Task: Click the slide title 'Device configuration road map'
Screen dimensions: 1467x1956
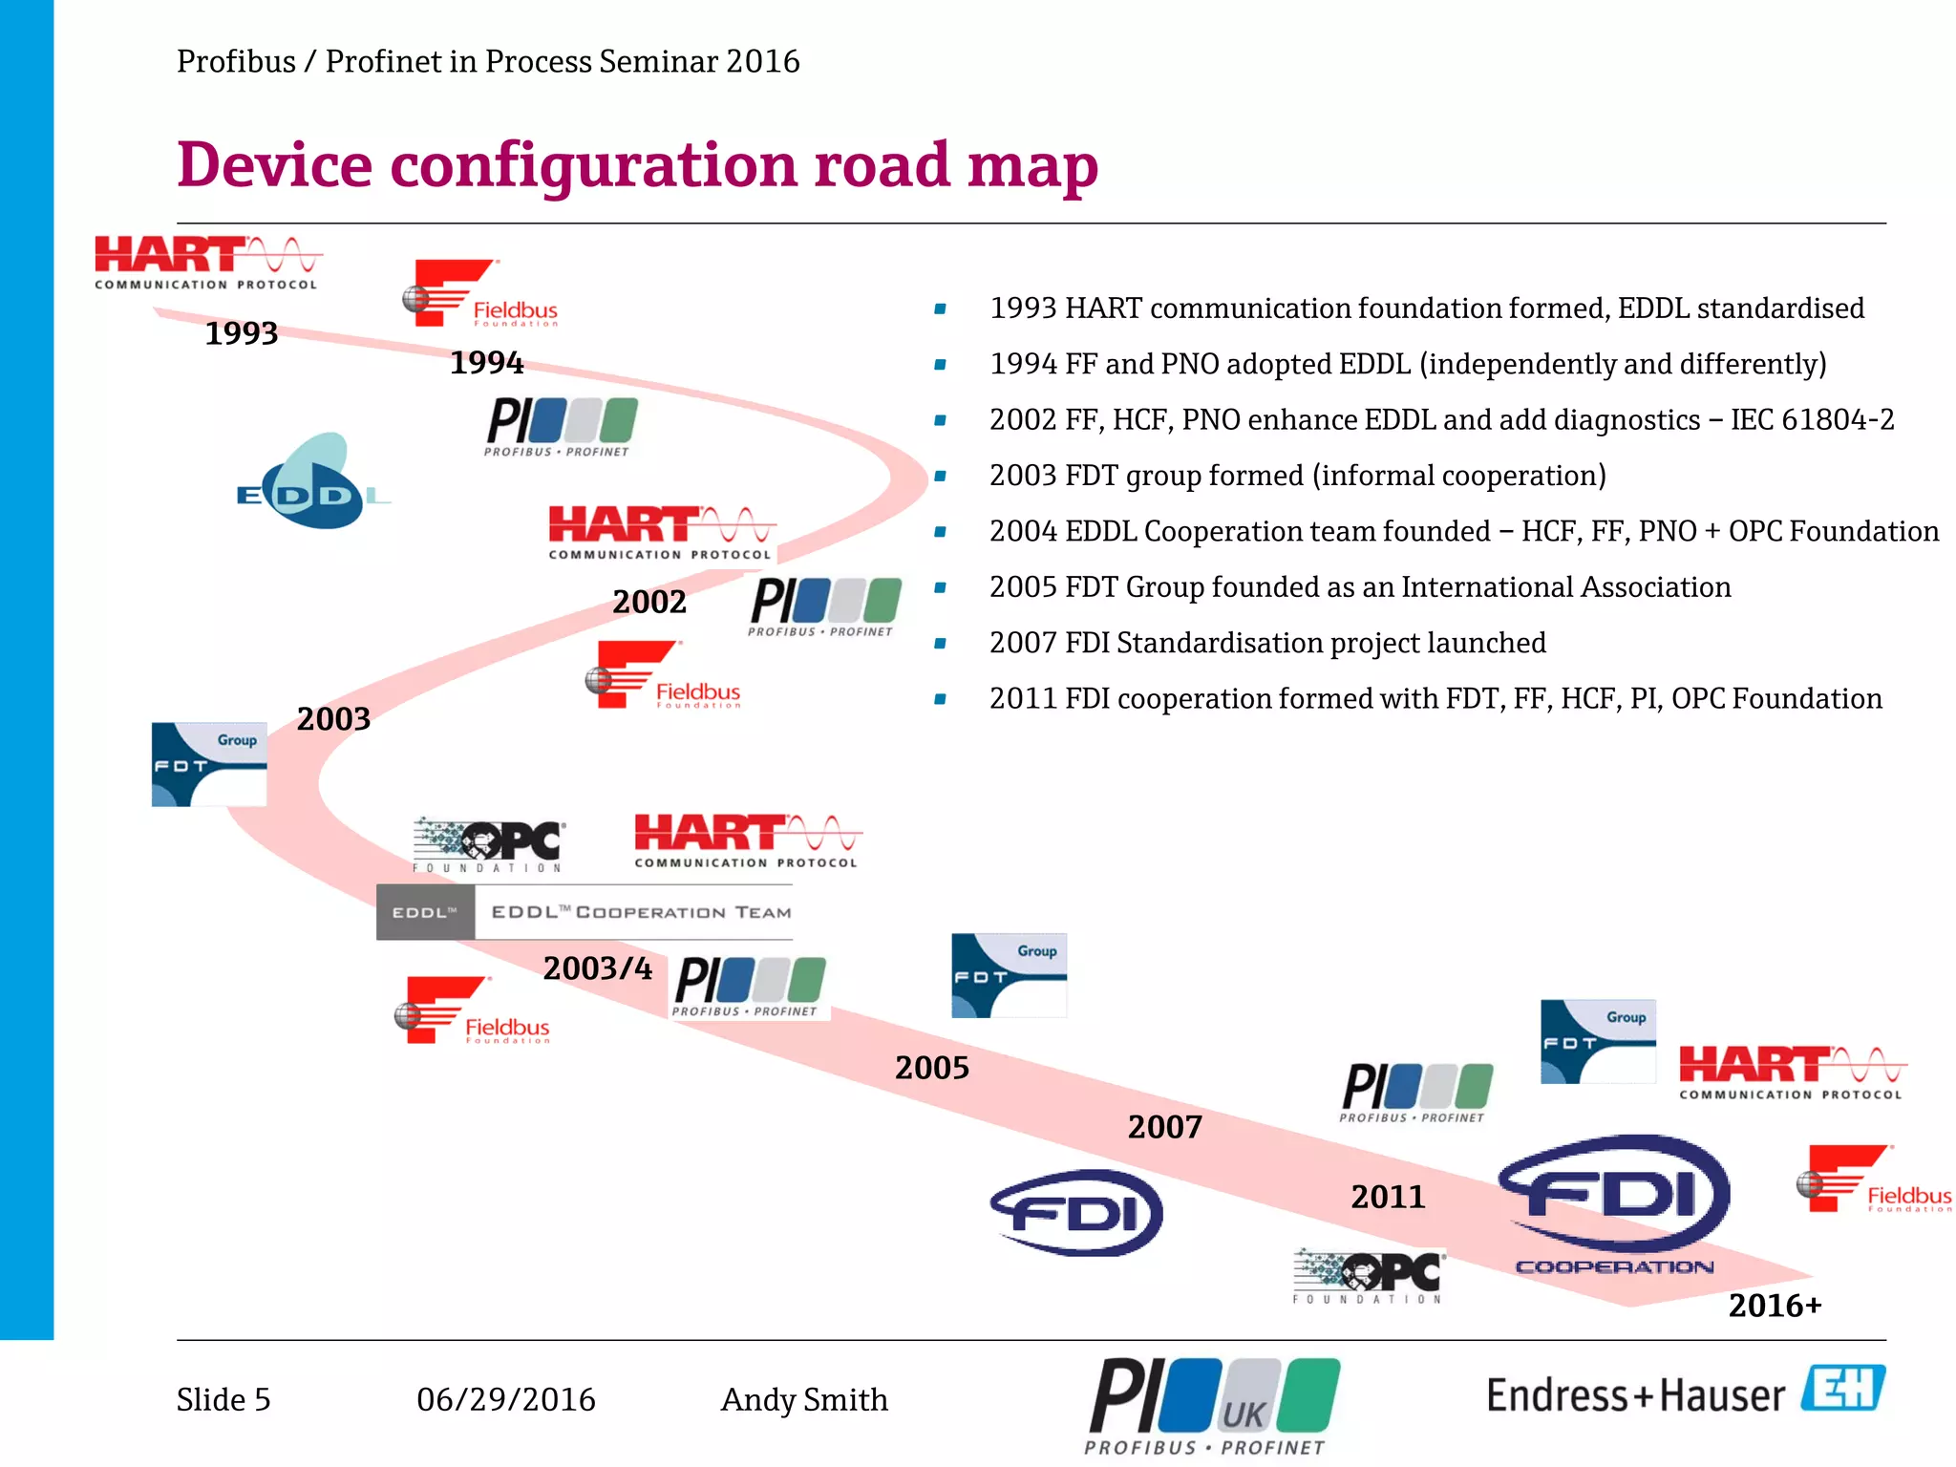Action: click(637, 164)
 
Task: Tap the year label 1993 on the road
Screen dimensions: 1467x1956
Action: click(241, 333)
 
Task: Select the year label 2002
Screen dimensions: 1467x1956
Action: click(649, 602)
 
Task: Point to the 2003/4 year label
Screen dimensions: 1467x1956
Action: click(598, 968)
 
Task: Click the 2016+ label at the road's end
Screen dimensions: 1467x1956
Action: click(1775, 1306)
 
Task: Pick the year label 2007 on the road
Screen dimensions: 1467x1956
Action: click(1164, 1127)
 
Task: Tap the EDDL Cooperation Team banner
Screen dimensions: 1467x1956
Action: click(585, 912)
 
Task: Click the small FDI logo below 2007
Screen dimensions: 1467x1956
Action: click(1077, 1213)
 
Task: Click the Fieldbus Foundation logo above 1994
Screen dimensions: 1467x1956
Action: click(480, 294)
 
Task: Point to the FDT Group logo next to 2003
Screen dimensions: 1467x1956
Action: click(209, 764)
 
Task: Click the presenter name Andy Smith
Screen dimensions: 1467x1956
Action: click(804, 1400)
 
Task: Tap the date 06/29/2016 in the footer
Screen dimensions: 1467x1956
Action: click(505, 1400)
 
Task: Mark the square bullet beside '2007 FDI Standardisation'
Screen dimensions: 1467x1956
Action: click(940, 644)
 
